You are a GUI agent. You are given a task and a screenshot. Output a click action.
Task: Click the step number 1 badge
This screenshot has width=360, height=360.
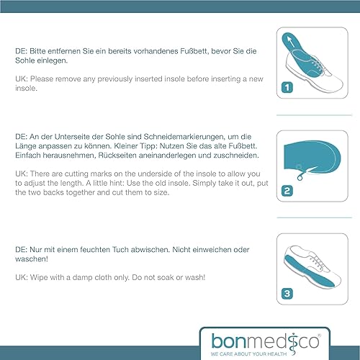point(287,89)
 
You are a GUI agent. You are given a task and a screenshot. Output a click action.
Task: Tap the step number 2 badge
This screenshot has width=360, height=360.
point(287,192)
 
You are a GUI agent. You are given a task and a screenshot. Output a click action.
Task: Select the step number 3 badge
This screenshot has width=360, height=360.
point(287,293)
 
